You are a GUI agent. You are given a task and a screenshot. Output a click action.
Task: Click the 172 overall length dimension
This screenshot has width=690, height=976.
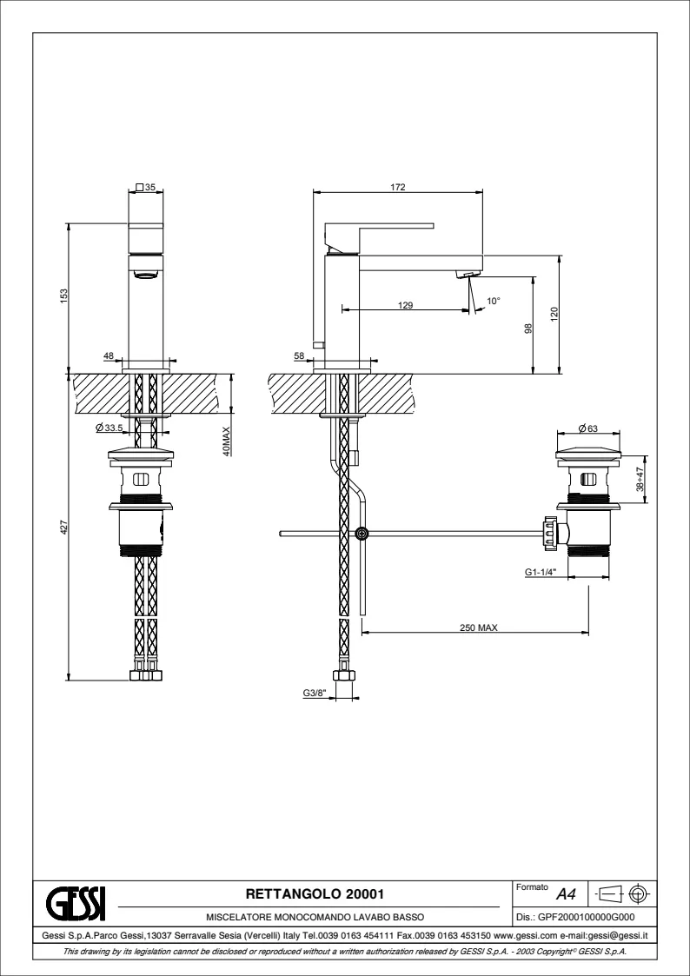[x=398, y=187]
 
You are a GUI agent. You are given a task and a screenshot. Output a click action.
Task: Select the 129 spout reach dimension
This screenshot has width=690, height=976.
[x=406, y=305]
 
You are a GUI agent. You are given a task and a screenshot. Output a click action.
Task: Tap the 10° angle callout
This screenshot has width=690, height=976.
[x=494, y=301]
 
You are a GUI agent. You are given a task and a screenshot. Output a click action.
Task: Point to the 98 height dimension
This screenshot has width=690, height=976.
[x=529, y=328]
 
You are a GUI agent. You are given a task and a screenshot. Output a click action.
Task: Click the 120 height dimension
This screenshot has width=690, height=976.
[x=555, y=314]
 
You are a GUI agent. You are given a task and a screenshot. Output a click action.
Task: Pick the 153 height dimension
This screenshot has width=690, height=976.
[x=63, y=295]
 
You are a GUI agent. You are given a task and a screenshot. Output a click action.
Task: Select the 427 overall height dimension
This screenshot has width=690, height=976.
[x=63, y=527]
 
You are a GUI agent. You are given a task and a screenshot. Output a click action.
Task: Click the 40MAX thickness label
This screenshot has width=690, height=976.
[x=227, y=441]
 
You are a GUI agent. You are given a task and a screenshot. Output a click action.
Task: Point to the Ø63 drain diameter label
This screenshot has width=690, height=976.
[x=588, y=428]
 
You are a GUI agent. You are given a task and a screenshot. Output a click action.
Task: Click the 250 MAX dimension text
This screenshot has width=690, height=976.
[x=479, y=628]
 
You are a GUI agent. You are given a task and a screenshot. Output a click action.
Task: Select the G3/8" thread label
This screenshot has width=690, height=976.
[x=315, y=693]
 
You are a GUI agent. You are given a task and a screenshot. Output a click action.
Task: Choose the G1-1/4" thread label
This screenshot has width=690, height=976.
[x=540, y=571]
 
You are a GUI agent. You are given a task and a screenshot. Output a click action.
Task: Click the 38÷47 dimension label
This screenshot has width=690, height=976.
[x=640, y=479]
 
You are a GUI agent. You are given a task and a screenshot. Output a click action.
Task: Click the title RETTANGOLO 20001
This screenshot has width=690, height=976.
[x=315, y=894]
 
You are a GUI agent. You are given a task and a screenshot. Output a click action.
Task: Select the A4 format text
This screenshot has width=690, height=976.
[x=566, y=895]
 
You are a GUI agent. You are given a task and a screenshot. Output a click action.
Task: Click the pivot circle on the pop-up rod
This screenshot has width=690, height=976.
[x=362, y=533]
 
